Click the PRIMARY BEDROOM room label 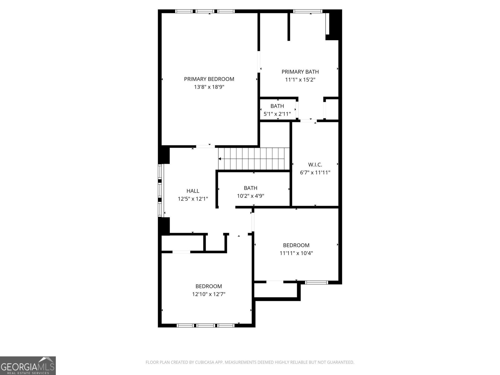[x=209, y=79]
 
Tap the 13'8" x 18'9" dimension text [x=209, y=87]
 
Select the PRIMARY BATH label [x=300, y=72]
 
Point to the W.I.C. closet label [x=315, y=164]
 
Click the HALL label [x=193, y=191]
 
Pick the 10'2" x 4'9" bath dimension [x=251, y=196]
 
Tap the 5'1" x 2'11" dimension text [x=277, y=114]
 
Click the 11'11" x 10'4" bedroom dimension [x=296, y=253]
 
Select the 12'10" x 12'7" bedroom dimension [x=209, y=294]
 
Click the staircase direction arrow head [x=220, y=159]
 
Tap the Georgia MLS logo [x=28, y=365]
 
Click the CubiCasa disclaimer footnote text [x=250, y=362]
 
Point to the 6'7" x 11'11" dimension [x=315, y=172]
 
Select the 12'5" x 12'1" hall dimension [x=193, y=199]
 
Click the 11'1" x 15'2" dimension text [x=300, y=80]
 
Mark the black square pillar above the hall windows [x=164, y=155]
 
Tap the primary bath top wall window [x=307, y=12]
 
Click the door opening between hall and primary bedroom [x=205, y=146]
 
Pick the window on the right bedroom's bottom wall [x=316, y=282]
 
